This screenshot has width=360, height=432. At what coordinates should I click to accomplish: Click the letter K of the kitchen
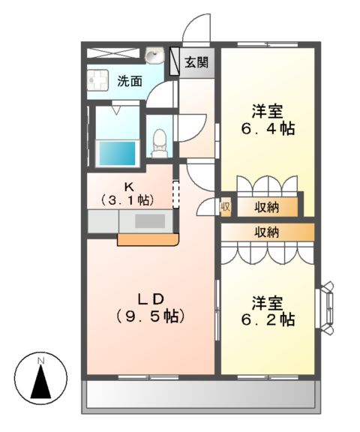(128, 186)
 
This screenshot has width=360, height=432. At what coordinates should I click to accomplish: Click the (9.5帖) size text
(147, 316)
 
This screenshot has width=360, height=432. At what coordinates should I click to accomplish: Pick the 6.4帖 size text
(267, 128)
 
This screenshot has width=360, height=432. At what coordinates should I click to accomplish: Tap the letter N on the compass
(42, 361)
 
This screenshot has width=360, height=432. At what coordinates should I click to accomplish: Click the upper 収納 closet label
(266, 206)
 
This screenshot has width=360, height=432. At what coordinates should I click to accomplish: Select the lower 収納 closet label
(266, 232)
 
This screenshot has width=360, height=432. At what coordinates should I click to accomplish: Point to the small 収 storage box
(225, 206)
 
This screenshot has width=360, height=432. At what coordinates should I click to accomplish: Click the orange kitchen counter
(148, 240)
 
